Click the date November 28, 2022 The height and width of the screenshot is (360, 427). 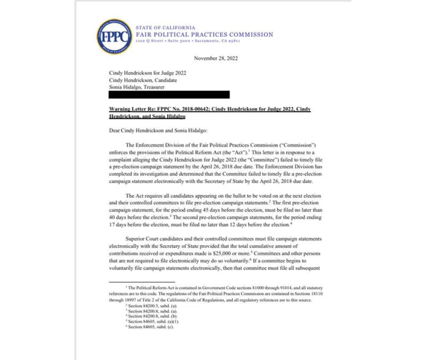tap(216, 58)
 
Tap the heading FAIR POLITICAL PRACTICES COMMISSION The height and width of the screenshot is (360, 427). tap(204, 35)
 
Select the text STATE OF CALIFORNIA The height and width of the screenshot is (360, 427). tap(165, 28)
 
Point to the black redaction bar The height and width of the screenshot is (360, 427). tap(169, 95)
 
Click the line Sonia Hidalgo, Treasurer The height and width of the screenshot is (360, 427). tap(137, 87)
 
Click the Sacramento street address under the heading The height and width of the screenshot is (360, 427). tap(188, 41)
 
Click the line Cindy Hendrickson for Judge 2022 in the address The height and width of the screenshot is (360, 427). tap(147, 73)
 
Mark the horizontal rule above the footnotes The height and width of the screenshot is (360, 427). tap(134, 282)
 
